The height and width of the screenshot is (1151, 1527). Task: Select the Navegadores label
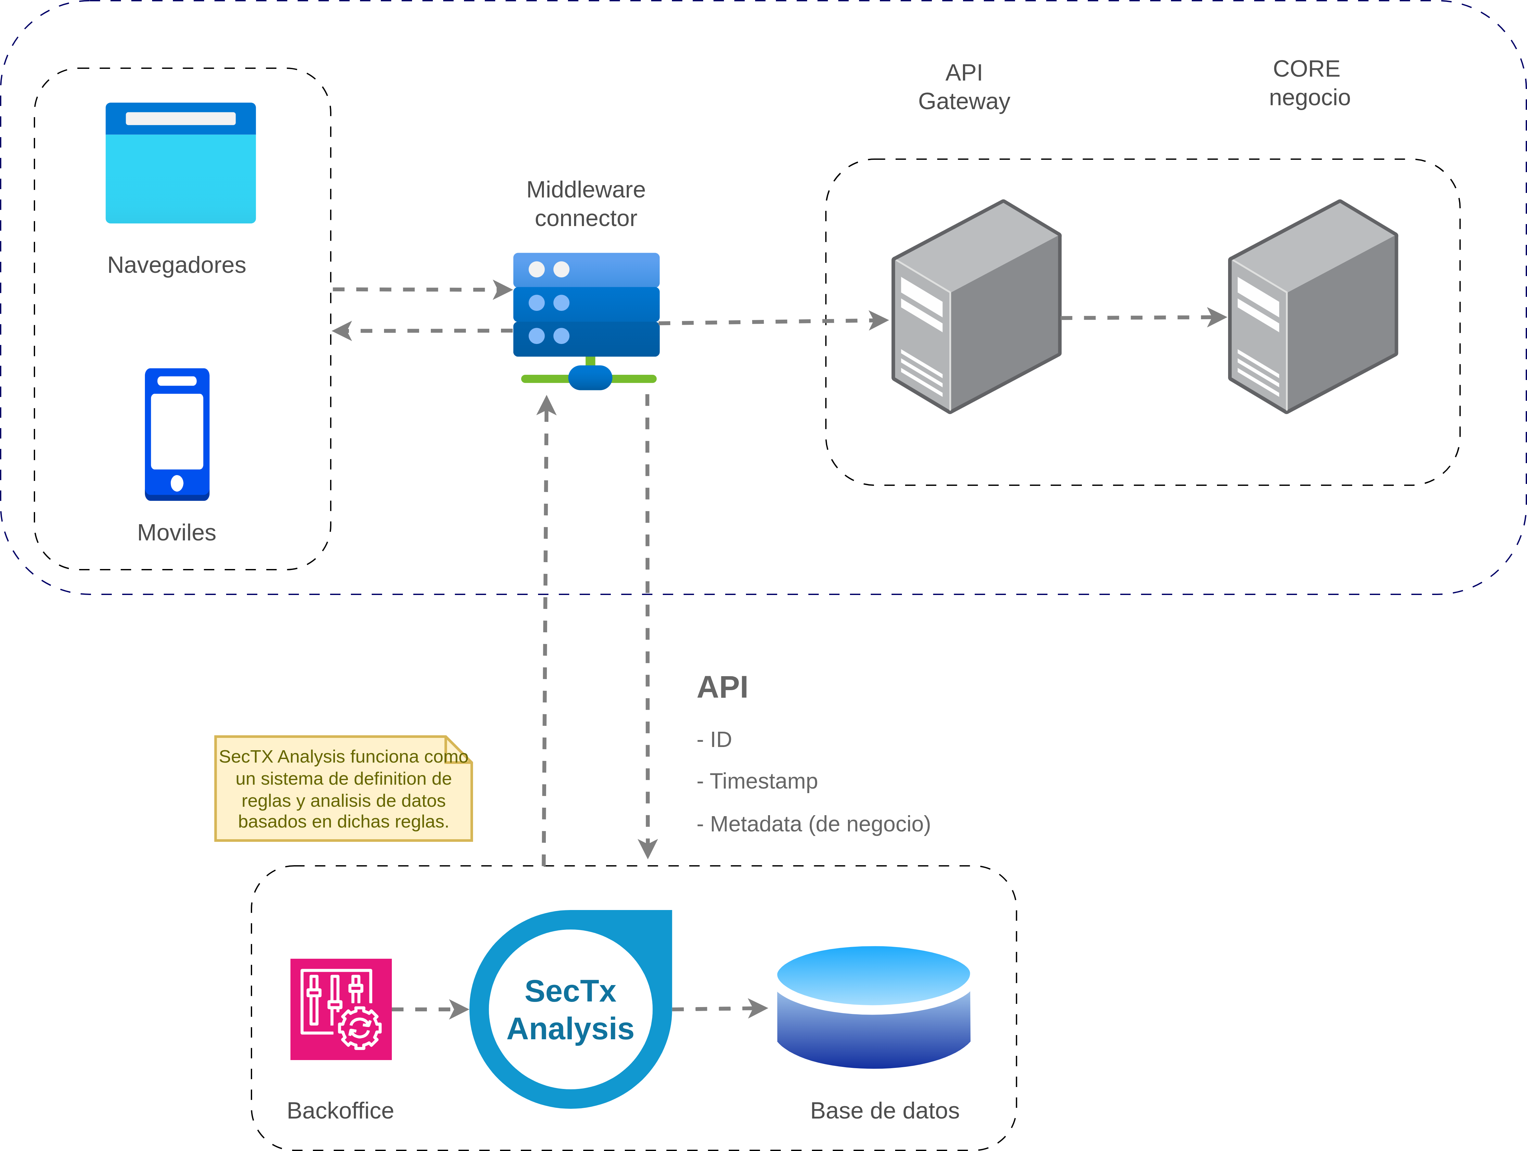[177, 265]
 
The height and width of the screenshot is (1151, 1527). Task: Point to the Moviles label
[177, 533]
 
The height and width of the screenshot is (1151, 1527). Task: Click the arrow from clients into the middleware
[421, 290]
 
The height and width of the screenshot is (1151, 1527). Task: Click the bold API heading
[722, 687]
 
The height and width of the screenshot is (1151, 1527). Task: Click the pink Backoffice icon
[341, 1009]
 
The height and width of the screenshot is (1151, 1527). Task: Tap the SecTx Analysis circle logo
[571, 1009]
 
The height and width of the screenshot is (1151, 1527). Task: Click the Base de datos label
[884, 1110]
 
